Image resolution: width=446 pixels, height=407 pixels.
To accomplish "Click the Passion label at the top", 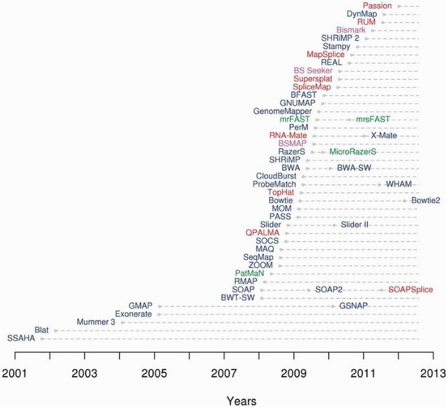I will pyautogui.click(x=377, y=6).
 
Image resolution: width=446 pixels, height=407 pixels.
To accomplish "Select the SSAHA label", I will pyautogui.click(x=22, y=337).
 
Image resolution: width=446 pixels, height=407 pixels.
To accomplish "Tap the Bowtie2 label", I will pyautogui.click(x=425, y=201).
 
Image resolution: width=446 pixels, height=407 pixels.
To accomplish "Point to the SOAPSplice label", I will pyautogui.click(x=411, y=290).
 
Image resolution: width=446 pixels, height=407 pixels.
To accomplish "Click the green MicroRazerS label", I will pyautogui.click(x=353, y=152).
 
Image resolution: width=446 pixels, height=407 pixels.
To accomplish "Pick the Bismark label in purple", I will pyautogui.click(x=351, y=30).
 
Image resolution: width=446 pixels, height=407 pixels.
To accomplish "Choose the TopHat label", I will pyautogui.click(x=281, y=192).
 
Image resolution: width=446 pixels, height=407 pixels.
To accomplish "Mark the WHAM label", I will pyautogui.click(x=399, y=184).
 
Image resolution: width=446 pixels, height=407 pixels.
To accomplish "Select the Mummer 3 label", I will pyautogui.click(x=96, y=321).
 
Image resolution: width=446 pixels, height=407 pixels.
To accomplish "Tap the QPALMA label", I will pyautogui.click(x=261, y=233).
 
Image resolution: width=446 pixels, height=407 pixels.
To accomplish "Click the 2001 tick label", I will pyautogui.click(x=15, y=373).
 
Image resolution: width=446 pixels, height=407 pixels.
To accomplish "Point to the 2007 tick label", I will pyautogui.click(x=224, y=373).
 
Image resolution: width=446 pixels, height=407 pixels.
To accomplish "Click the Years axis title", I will pyautogui.click(x=241, y=400).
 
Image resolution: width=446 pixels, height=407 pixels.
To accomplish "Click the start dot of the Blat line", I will pyautogui.click(x=55, y=330).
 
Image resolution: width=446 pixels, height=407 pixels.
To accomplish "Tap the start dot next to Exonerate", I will pyautogui.click(x=159, y=314).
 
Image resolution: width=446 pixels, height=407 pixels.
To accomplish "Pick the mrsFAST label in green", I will pyautogui.click(x=373, y=119).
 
